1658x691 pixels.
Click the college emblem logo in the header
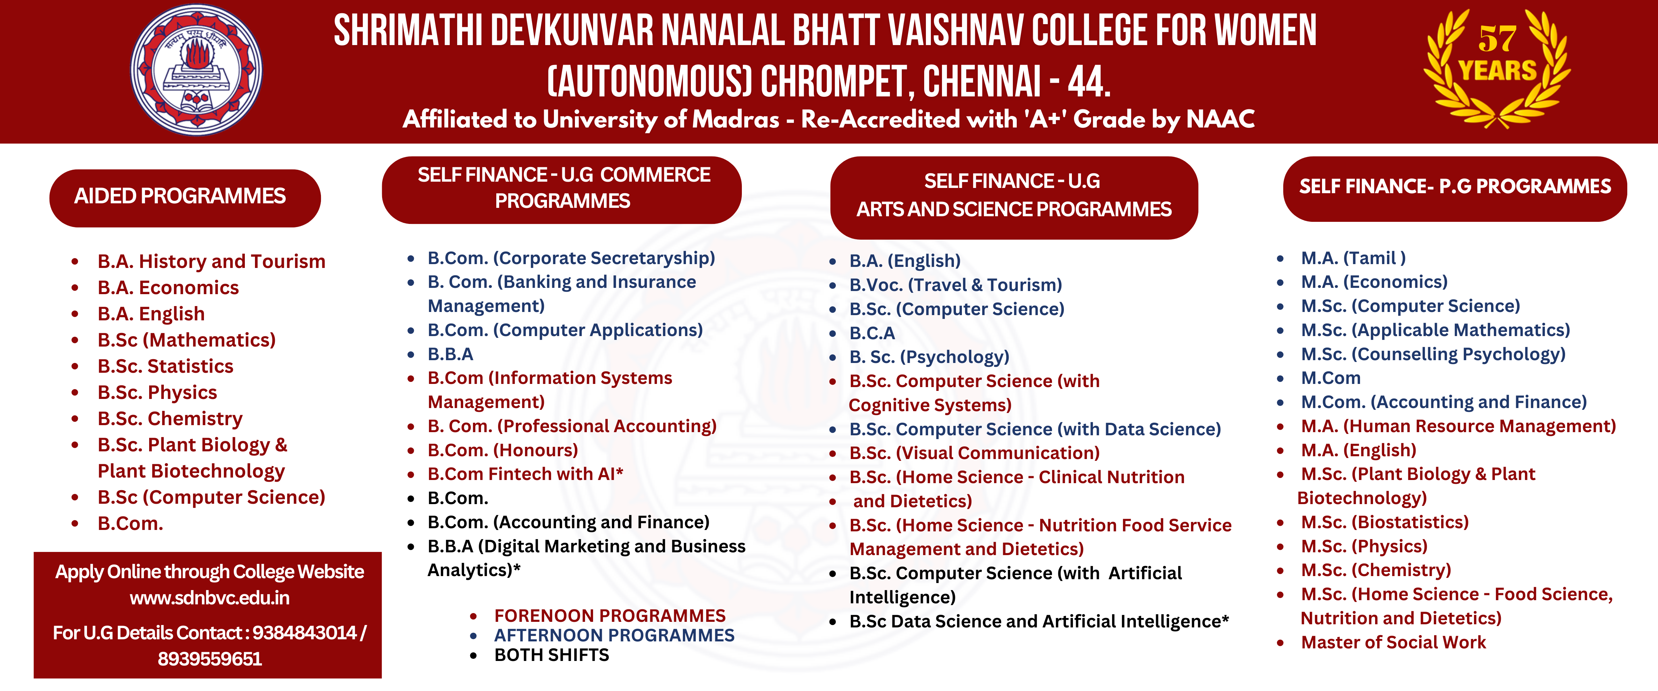[196, 70]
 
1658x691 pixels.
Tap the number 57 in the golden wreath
[1497, 40]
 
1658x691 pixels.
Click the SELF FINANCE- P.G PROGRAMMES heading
[1455, 187]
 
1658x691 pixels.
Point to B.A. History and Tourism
[211, 261]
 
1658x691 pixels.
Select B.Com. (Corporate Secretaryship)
[571, 258]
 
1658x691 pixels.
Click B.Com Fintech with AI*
[525, 474]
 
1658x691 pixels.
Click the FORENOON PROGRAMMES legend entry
[609, 616]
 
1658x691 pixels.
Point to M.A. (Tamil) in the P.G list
[1353, 258]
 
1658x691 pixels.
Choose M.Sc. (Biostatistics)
[1385, 522]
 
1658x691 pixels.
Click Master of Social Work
[1393, 643]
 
